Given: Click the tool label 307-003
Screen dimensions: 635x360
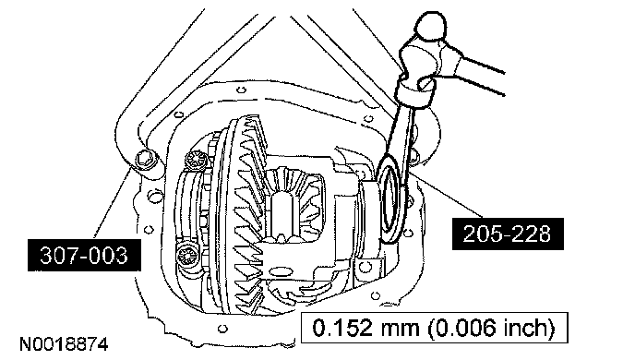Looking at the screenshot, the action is point(84,255).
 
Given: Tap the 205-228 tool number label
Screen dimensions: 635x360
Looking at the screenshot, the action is point(508,234).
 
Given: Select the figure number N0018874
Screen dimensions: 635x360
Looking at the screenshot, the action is point(64,344).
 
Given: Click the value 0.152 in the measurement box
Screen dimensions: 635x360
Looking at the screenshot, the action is point(342,327).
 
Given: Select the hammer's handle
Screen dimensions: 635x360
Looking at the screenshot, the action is point(483,76).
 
